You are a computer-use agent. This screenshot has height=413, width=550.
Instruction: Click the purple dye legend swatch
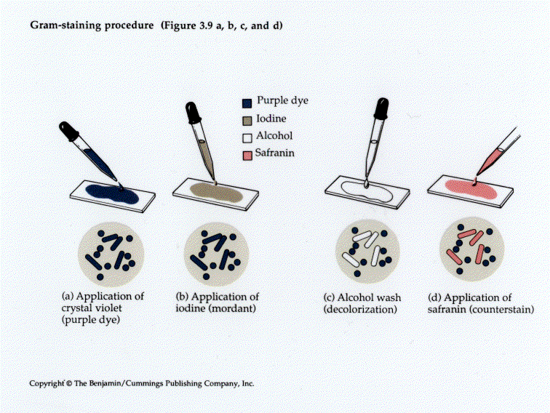tap(248, 102)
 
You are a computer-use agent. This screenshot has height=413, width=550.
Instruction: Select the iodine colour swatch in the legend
tap(248, 118)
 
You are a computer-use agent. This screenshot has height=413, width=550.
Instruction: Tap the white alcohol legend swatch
tap(248, 135)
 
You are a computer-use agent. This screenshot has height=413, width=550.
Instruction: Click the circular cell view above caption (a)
tap(111, 253)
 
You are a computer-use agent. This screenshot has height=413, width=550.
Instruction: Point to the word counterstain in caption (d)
tap(506, 310)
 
